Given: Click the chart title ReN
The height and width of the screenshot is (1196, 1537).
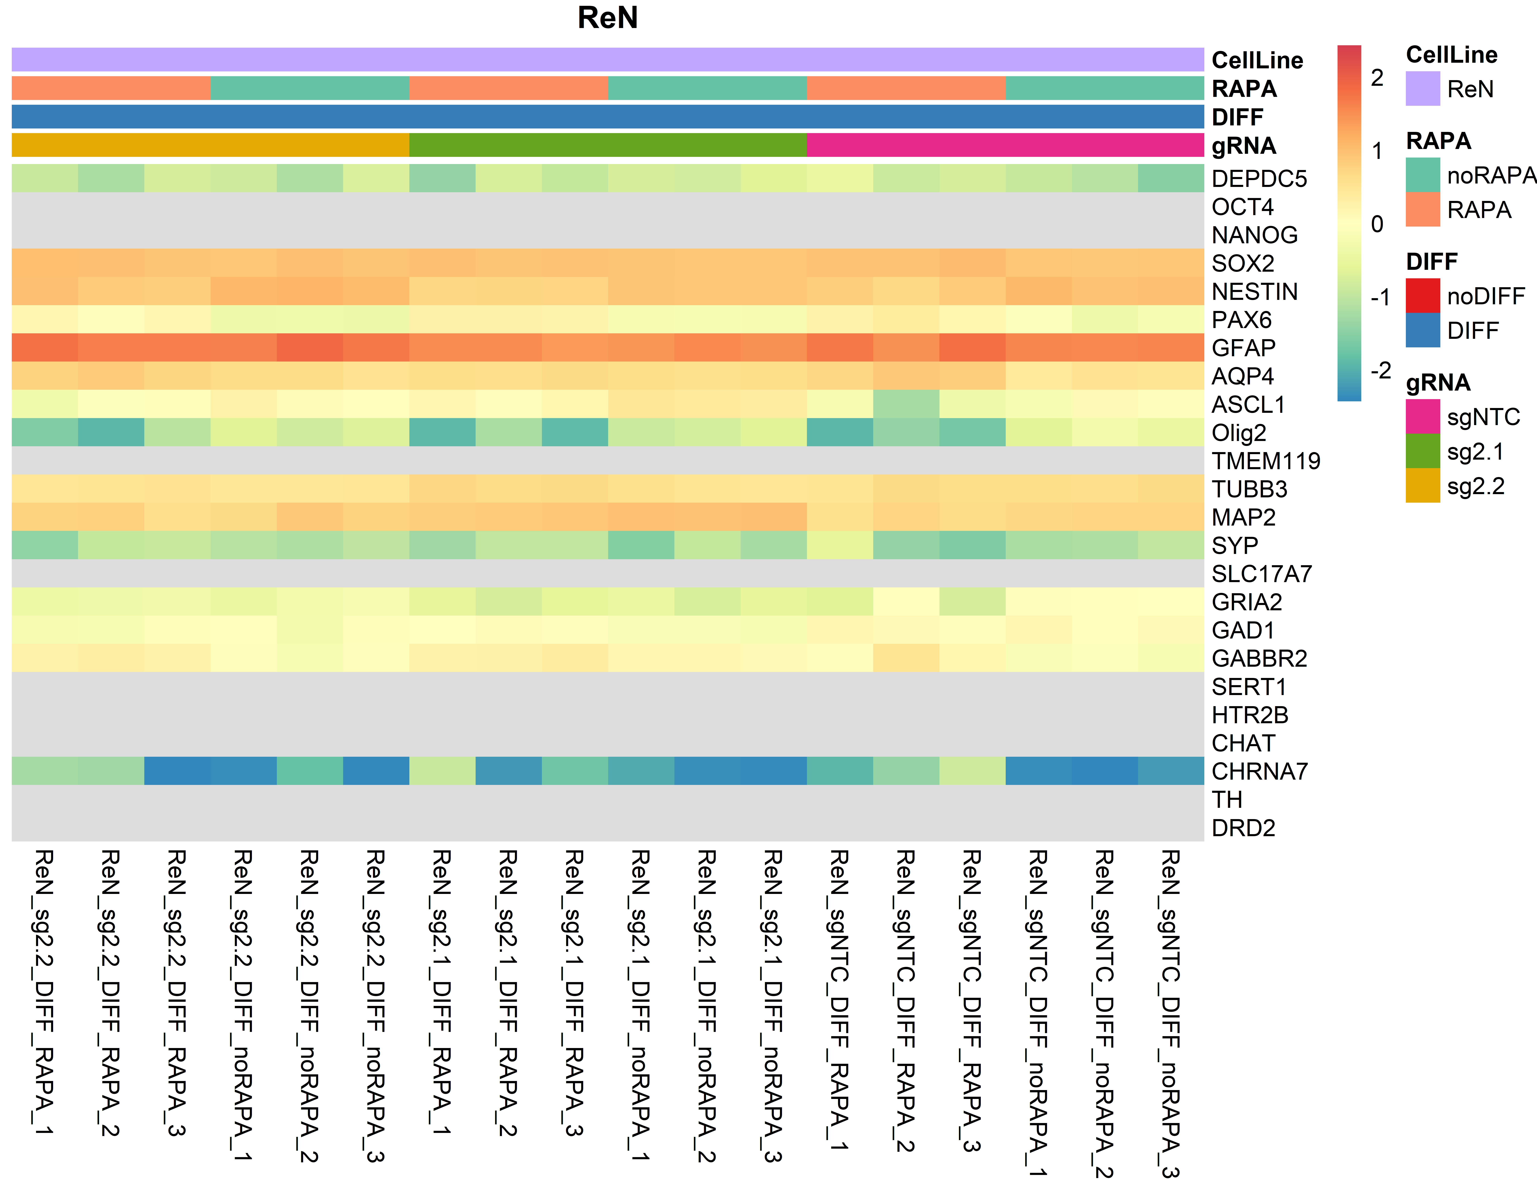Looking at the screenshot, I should [607, 18].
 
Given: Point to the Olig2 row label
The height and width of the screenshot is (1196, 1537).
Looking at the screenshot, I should [1239, 433].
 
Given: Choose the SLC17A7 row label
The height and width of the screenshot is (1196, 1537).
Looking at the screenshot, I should [1261, 574].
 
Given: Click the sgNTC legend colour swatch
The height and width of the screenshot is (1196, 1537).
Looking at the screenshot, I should [1422, 416].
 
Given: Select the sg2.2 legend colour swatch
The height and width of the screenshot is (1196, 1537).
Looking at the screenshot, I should [1422, 486].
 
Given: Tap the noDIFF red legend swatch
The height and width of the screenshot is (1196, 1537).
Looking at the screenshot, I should [1422, 296].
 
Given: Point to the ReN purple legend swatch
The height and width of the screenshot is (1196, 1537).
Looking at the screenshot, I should [1422, 89].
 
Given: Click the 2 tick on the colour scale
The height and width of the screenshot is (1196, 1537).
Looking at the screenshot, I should [1376, 77].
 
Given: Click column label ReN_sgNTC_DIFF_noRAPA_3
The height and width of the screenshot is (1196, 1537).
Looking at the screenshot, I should [1170, 1014].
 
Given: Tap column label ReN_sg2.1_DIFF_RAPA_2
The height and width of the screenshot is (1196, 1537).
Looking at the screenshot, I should [508, 993].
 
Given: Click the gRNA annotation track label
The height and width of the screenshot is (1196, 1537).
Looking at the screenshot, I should [1244, 146].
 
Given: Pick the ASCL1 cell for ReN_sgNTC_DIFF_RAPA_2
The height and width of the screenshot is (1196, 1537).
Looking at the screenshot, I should [906, 404].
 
